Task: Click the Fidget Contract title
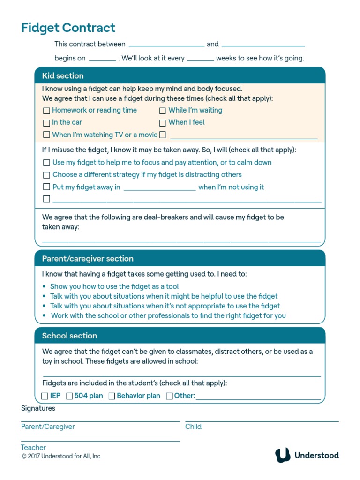pos(68,28)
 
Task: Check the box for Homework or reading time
pos(46,111)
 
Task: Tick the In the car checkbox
pos(46,123)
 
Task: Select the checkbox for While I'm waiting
pos(163,111)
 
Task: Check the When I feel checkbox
pos(163,123)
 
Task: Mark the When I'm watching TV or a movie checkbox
pos(46,135)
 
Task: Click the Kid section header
pos(63,76)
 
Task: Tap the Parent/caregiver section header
pos(88,259)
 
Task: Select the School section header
pos(69,336)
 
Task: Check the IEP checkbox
pos(45,396)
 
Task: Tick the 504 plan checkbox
pos(69,396)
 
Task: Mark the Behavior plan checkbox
pos(112,396)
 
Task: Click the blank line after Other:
pos(258,397)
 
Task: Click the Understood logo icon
pos(283,455)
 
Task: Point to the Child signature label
pos(193,427)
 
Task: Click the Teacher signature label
pos(33,448)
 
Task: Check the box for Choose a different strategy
pos(46,175)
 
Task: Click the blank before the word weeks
pos(201,59)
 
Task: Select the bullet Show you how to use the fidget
pos(114,286)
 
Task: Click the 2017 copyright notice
pos(61,456)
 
